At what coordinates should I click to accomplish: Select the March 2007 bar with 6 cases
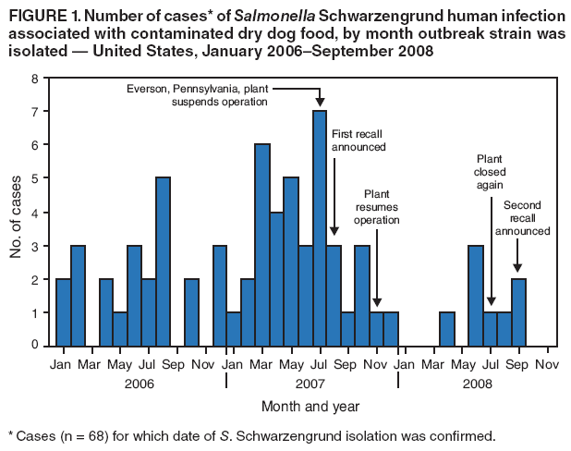261,245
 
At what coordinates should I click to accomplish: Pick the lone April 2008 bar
447,328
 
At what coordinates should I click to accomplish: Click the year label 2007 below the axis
311,382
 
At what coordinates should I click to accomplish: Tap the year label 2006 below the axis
139,382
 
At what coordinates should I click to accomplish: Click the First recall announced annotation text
358,140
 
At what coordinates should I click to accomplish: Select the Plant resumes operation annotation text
375,207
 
